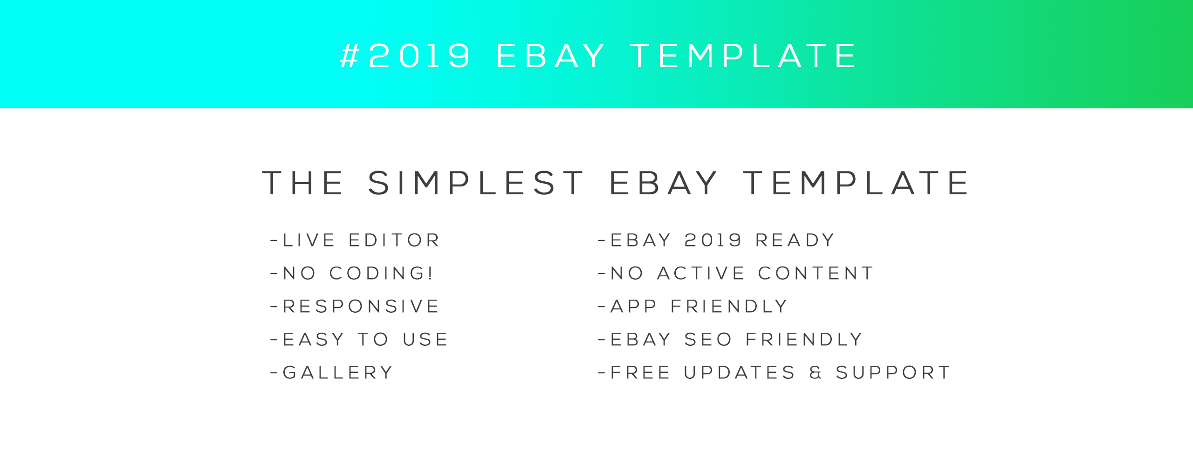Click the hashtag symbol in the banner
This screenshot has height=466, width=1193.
pos(350,56)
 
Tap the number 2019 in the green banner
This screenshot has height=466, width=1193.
pos(419,56)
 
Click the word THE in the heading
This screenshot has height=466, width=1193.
pos(303,183)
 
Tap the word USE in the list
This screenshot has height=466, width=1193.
pos(425,340)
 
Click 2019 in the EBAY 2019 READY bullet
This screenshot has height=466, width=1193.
pos(713,240)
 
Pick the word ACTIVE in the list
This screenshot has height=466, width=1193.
pos(701,274)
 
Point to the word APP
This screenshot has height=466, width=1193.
pos(634,307)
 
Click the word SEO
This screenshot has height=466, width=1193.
pos(708,340)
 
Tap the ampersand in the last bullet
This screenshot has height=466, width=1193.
pos(816,373)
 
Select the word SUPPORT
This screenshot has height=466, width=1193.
pos(893,373)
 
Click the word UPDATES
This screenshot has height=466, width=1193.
pos(740,373)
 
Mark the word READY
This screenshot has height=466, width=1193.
pos(795,240)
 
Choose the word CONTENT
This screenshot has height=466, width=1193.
pos(816,274)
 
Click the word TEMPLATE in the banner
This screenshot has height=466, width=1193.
pos(743,56)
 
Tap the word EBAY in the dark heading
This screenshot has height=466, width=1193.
pos(664,183)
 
